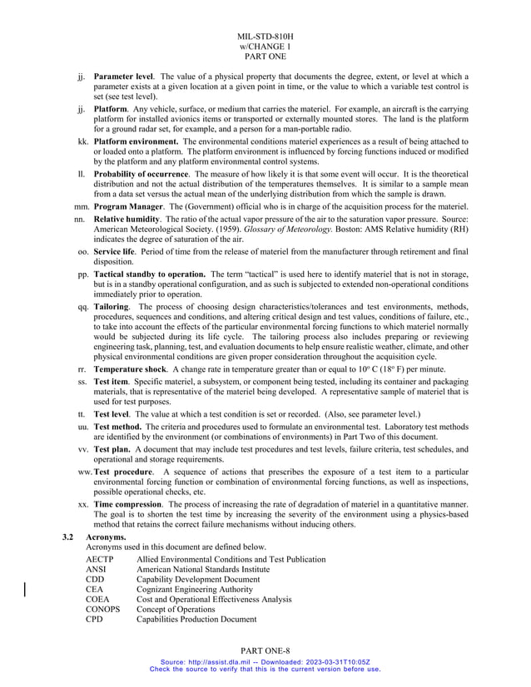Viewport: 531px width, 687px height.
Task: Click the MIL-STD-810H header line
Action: [x=265, y=37]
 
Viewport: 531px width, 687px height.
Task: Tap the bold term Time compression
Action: [x=127, y=504]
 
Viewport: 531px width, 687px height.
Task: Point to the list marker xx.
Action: [x=82, y=504]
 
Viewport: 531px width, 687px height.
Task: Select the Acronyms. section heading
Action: [x=106, y=537]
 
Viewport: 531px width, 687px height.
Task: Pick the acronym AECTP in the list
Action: [x=100, y=559]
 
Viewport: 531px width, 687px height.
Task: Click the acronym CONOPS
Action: [x=102, y=609]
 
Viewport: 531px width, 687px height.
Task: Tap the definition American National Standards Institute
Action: [x=203, y=569]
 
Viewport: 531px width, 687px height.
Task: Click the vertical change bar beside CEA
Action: [x=25, y=589]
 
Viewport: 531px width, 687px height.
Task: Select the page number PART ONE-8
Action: [x=265, y=649]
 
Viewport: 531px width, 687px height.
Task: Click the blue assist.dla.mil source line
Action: [x=265, y=661]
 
